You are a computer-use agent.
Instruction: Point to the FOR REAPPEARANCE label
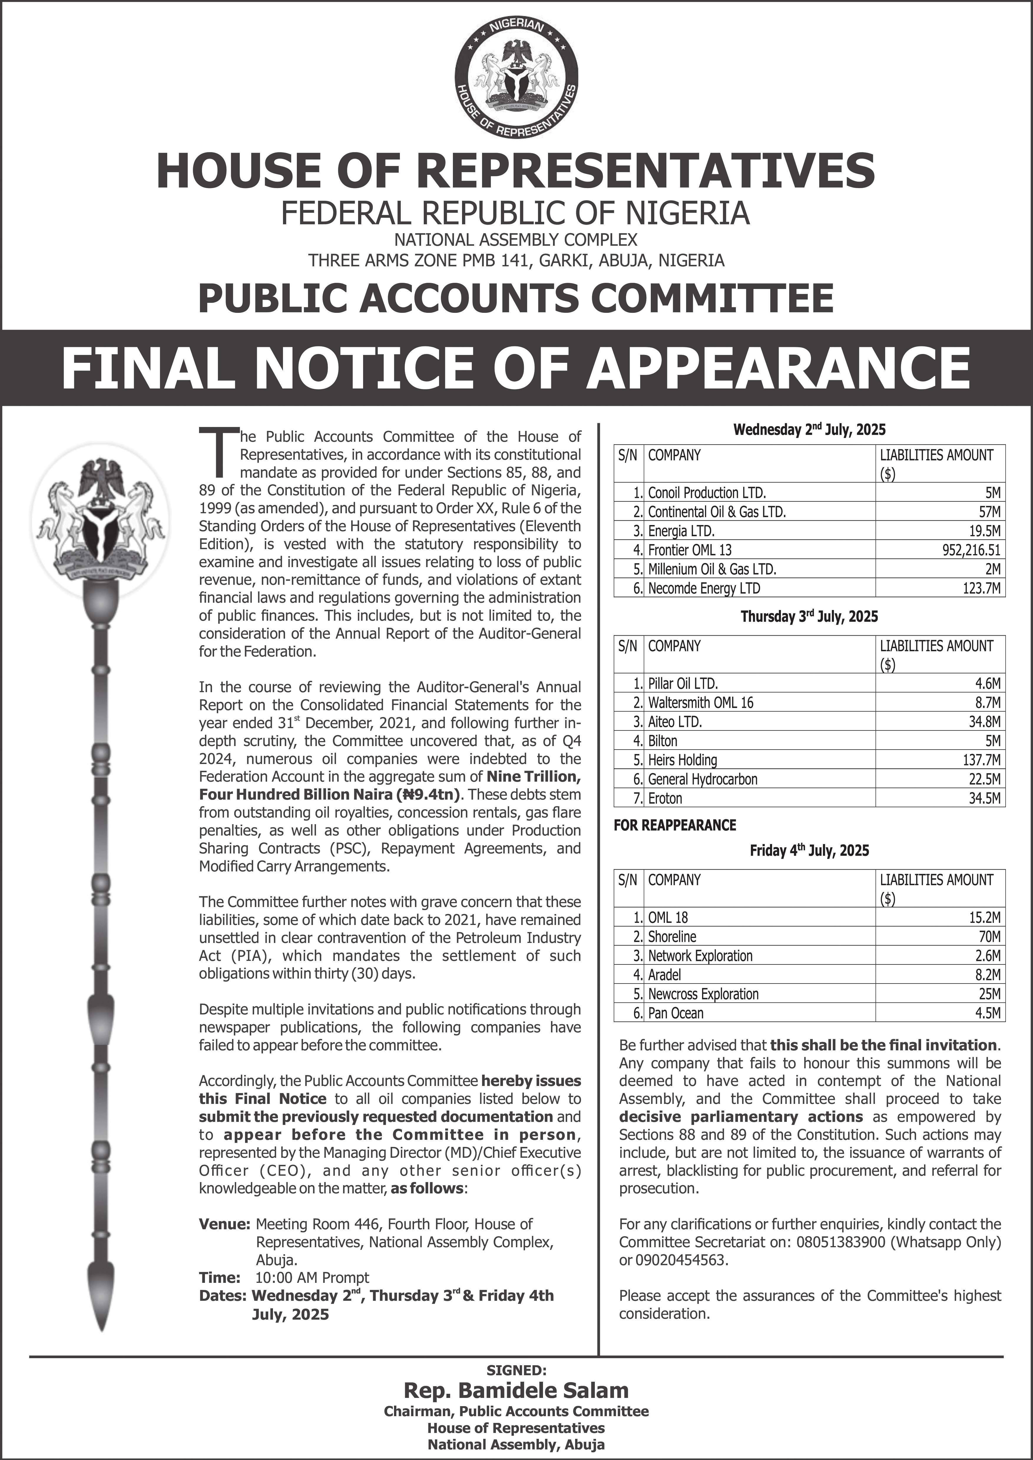pyautogui.click(x=674, y=825)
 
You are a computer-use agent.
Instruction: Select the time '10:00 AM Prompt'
pyautogui.click(x=312, y=1278)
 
